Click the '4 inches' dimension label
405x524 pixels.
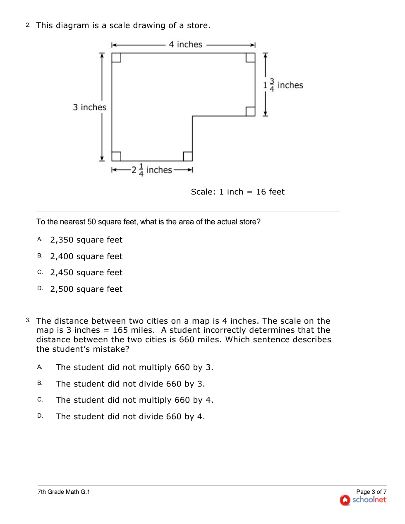pos(185,45)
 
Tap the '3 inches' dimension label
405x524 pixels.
pos(90,108)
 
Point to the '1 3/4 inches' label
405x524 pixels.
pos(283,85)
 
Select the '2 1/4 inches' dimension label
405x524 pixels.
pos(152,170)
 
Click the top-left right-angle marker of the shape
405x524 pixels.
pos(116,58)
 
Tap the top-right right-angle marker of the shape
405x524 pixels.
pos(250,58)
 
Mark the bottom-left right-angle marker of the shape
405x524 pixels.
pos(116,156)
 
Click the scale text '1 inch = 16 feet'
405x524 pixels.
pos(237,192)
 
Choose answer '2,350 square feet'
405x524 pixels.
pos(86,240)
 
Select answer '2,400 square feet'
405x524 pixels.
pos(86,257)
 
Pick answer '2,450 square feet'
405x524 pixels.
pos(86,273)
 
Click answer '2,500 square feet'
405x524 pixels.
pos(86,289)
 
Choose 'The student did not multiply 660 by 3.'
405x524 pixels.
pos(134,368)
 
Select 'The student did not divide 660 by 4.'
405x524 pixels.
pos(130,417)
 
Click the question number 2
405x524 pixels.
pos(28,25)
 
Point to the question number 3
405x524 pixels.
pos(28,320)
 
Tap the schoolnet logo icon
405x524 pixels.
pos(345,500)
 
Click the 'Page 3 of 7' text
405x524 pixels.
pos(371,492)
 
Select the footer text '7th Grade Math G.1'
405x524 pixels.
pos(64,492)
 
